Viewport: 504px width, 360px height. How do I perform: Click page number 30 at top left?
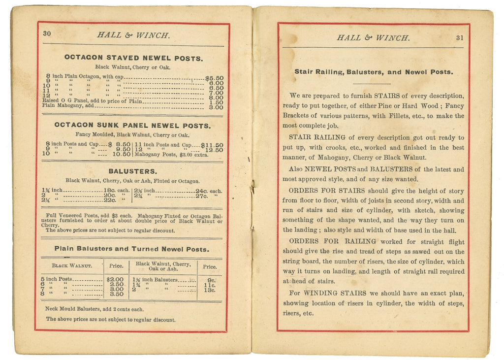47,33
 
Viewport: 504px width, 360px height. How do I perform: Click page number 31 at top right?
459,37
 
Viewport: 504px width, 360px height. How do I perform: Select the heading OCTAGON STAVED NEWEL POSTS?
133,58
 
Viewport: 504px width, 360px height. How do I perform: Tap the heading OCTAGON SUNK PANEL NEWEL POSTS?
132,125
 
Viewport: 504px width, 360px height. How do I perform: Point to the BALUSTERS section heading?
133,171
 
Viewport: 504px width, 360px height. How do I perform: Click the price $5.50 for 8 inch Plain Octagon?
214,78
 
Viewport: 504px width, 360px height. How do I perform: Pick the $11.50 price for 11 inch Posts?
212,145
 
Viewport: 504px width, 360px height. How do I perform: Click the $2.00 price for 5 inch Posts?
115,279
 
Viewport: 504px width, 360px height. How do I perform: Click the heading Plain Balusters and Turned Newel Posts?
131,249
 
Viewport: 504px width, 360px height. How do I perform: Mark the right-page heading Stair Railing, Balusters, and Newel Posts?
374,72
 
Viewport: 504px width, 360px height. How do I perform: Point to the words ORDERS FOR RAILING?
332,241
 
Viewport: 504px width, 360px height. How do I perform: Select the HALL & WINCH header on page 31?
373,37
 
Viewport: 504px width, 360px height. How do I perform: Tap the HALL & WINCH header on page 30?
133,35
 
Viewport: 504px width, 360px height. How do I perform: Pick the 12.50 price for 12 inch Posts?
214,150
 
